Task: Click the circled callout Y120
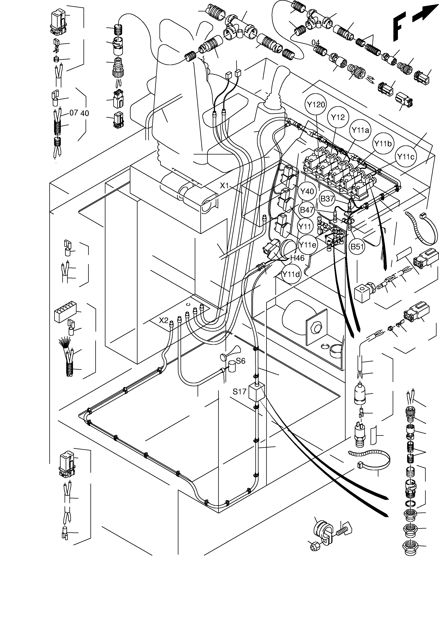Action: pyautogui.click(x=316, y=105)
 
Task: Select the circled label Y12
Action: pyautogui.click(x=338, y=118)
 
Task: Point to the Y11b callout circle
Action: pyautogui.click(x=383, y=143)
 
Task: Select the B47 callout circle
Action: pyautogui.click(x=307, y=210)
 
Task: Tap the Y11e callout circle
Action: pyautogui.click(x=307, y=244)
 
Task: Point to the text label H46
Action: pyautogui.click(x=297, y=258)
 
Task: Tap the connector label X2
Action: pyautogui.click(x=164, y=320)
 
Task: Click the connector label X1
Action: pyautogui.click(x=224, y=186)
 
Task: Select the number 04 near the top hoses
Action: pyautogui.click(x=316, y=43)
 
